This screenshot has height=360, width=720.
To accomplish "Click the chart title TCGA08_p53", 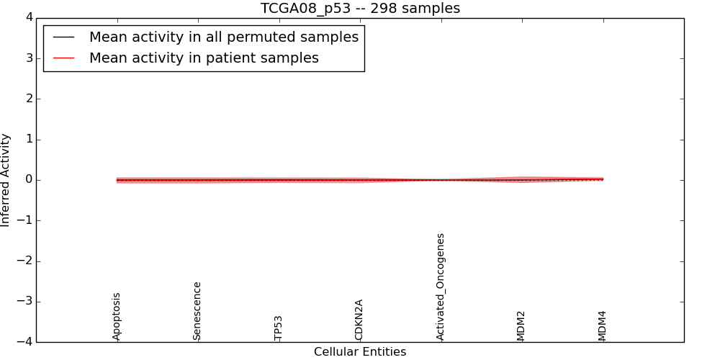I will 360,9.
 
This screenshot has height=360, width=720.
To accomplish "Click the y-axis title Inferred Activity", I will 6,180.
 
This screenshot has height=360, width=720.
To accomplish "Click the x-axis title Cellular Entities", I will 360,352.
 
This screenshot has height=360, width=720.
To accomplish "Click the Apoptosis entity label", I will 117,316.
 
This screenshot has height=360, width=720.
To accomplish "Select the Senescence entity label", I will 197,311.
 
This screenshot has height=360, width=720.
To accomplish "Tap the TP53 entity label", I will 279,328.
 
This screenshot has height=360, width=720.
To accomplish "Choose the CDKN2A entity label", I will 359,320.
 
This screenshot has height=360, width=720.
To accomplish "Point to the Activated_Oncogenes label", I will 441,287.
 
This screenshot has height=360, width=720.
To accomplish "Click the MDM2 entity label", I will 521,325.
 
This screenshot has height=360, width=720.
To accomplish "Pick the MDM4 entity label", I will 603,325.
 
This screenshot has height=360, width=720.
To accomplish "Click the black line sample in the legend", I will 64,37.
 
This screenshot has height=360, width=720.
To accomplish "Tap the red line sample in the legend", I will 64,58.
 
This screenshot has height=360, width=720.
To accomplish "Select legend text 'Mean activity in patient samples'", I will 204,58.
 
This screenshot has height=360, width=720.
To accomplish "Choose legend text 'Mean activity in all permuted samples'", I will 224,37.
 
